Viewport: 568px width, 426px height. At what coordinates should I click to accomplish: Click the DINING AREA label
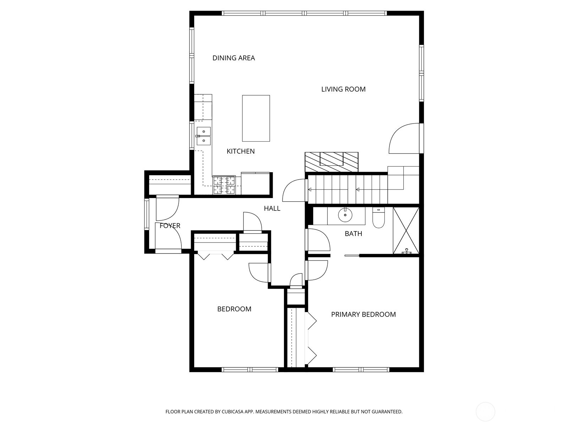point(234,58)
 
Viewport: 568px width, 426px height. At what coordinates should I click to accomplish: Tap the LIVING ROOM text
point(343,89)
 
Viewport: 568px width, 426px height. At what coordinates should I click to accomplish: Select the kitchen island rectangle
point(256,118)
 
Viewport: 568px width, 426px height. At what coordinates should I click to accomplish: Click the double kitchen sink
point(204,136)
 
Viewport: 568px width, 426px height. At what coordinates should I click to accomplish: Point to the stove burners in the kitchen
point(224,185)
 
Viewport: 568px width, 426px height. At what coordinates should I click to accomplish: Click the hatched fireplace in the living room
point(332,162)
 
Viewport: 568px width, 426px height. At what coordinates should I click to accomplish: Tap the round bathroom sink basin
point(345,215)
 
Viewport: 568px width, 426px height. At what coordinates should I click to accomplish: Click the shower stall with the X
point(406,231)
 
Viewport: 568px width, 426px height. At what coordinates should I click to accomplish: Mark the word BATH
point(353,234)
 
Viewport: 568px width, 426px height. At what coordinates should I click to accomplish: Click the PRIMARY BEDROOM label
point(363,314)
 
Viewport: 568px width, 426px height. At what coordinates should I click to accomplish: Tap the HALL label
point(272,208)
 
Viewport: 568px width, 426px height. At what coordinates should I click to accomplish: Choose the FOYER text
point(170,226)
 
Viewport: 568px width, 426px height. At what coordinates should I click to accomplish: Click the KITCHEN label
point(241,151)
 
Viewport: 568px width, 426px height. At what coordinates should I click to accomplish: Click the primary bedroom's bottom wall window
point(361,370)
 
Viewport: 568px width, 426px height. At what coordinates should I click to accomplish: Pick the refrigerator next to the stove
point(255,184)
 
